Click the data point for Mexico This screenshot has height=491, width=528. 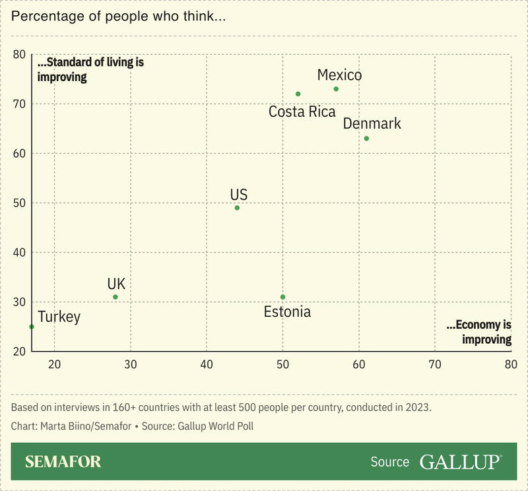[336, 89]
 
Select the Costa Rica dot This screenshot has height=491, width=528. [298, 94]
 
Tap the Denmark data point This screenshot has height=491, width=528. [366, 139]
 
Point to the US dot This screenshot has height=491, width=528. [237, 208]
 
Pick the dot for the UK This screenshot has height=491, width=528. [115, 297]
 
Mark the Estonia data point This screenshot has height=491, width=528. [283, 297]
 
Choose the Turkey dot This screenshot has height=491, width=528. [32, 327]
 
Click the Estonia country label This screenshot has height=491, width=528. [287, 312]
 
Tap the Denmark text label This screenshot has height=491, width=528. [372, 123]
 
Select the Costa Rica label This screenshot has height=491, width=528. [302, 112]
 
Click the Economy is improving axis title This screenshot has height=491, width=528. [478, 333]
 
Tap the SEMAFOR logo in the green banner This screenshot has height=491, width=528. [63, 461]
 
